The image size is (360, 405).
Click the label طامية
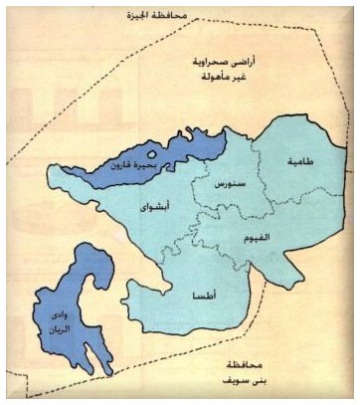pos(302,160)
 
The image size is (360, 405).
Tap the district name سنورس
pos(221,185)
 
